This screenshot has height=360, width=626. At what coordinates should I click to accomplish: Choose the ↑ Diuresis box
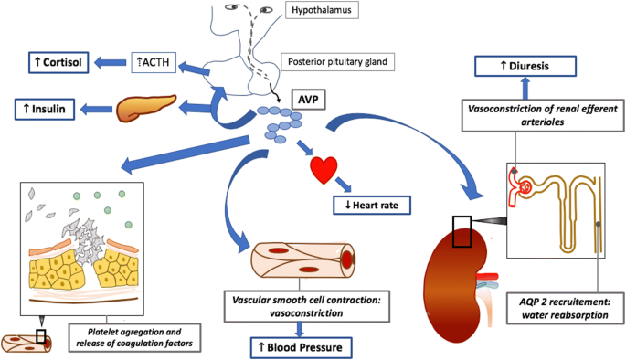525,66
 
